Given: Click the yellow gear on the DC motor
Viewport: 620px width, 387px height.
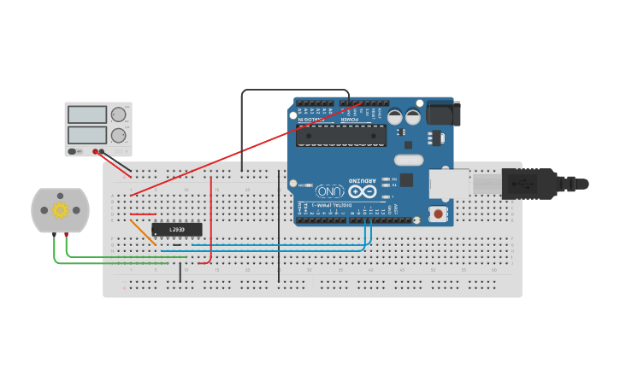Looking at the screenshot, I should coord(60,210).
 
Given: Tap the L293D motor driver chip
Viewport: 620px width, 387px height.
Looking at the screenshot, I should coord(177,229).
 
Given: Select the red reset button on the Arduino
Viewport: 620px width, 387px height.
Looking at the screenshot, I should coord(439,214).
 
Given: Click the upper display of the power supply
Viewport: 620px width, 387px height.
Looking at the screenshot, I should coord(87,114).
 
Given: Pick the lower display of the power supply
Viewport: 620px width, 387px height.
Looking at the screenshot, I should coord(87,135).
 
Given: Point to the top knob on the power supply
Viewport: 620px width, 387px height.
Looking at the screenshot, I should coord(119,114).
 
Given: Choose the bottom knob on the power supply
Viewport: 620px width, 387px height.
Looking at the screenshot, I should coord(119,135).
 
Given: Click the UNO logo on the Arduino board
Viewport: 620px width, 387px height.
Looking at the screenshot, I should coord(330,191).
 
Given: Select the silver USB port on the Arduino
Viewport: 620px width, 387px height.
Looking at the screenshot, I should coord(450,184).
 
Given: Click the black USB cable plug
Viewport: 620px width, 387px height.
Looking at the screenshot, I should coord(530,184).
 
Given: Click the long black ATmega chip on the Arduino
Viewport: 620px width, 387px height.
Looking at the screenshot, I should coord(341,135).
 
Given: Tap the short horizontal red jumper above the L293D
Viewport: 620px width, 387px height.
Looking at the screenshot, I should coord(143,214).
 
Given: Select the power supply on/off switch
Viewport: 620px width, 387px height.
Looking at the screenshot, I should coord(74,151).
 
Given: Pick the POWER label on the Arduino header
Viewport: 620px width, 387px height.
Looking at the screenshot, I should coord(351,119).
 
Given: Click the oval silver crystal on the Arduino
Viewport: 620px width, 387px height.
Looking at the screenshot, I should coord(409,160).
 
